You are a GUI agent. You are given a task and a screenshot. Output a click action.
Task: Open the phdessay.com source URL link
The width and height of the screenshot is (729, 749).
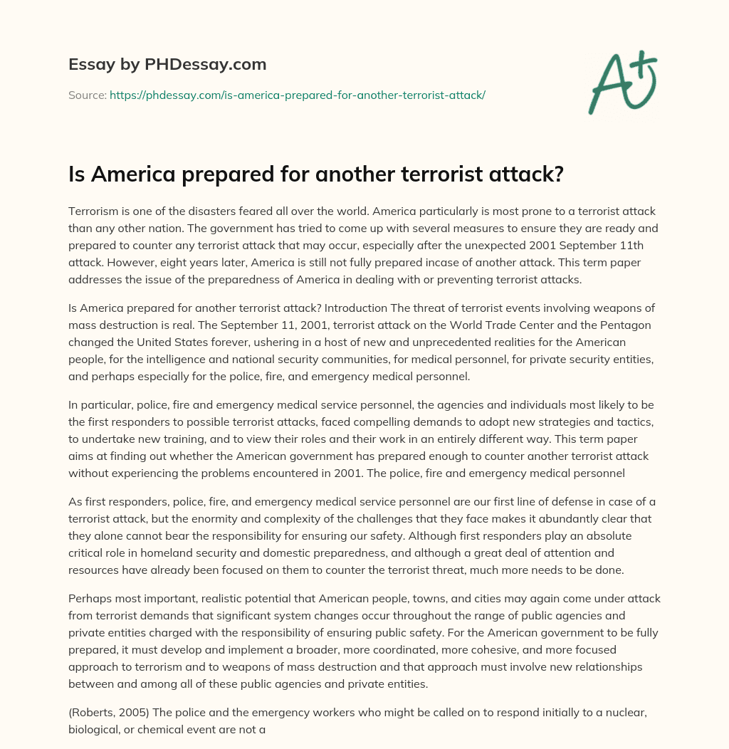pyautogui.click(x=297, y=95)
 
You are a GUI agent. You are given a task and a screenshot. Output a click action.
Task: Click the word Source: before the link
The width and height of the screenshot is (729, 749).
pyautogui.click(x=87, y=95)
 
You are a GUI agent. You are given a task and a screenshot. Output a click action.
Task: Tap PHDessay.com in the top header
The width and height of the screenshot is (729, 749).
pyautogui.click(x=216, y=65)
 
